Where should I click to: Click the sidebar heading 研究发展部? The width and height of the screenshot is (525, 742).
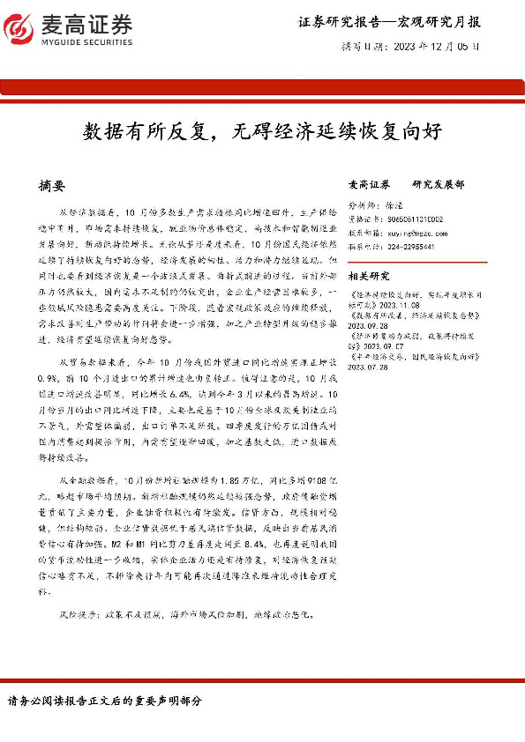[x=438, y=185]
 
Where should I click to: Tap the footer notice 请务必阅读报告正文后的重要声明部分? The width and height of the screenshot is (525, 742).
[x=105, y=701]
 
